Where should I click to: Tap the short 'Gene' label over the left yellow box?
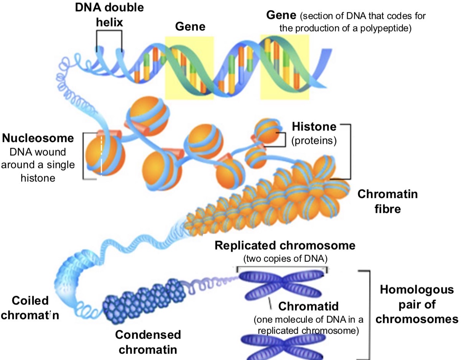(190, 26)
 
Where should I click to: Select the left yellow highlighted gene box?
(189, 67)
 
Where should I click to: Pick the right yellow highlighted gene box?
(284, 67)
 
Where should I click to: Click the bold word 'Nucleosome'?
(38, 138)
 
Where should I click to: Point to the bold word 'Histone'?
(314, 127)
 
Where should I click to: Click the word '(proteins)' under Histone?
(314, 140)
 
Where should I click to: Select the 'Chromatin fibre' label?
(387, 201)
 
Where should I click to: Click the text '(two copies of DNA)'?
(285, 259)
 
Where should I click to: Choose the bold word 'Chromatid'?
(309, 306)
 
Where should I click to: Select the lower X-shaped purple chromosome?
(283, 345)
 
